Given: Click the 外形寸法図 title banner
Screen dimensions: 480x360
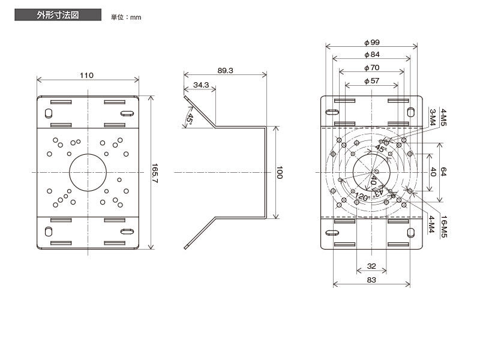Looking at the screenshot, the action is tap(58, 14).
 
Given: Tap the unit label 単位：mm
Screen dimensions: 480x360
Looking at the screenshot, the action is tap(126, 17).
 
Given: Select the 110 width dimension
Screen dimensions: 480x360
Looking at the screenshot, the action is tap(86, 76).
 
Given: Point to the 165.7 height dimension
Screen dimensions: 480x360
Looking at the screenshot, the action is tap(155, 173).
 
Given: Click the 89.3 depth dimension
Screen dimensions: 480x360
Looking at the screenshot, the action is tap(226, 70).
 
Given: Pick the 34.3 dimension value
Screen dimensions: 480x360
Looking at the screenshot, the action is tap(201, 85).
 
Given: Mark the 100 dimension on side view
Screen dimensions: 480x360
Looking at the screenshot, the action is tap(279, 173).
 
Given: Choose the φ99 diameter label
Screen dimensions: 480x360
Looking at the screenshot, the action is tap(372, 42).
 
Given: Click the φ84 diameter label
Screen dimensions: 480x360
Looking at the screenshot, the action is tap(372, 55).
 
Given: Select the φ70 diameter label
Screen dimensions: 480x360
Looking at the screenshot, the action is tap(372, 68).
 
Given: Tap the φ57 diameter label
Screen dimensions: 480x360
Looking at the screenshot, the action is tap(372, 81).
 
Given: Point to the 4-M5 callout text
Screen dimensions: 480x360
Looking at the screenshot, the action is tap(443, 117).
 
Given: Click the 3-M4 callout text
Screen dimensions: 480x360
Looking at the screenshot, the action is tap(433, 117).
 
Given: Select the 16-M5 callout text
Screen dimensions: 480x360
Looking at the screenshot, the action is tap(444, 227).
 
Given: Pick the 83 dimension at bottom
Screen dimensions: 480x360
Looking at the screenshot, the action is tap(371, 280).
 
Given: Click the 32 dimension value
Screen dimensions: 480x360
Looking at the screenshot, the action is tap(371, 266).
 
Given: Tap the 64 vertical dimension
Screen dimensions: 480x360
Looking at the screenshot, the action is tap(443, 172).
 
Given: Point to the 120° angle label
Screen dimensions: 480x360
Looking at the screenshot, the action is tap(362, 197).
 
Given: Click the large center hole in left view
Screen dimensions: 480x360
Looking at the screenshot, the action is tap(88, 173).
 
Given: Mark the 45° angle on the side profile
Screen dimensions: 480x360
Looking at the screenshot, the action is tap(190, 119).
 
